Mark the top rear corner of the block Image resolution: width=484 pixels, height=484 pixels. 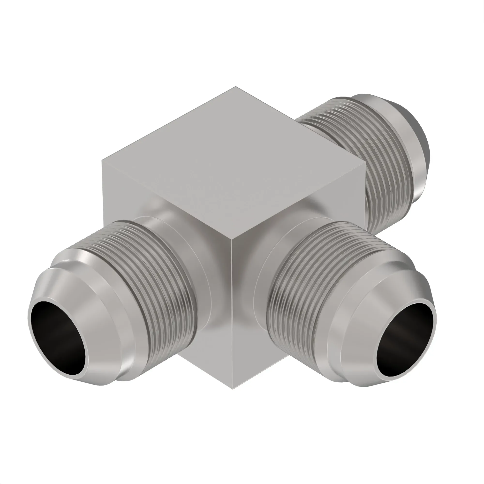point(235,87)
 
